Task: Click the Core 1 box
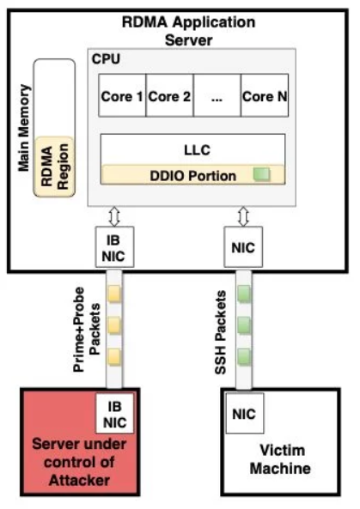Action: coord(122,95)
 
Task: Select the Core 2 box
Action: coord(169,95)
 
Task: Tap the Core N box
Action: coord(265,95)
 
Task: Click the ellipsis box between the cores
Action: coord(217,95)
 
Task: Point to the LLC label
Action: coord(198,150)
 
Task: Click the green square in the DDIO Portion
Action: coord(261,174)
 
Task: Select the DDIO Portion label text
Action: coord(193,176)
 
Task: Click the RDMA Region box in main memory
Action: coord(54,167)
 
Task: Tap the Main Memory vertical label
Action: coord(24,128)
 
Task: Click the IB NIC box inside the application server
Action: coord(114,247)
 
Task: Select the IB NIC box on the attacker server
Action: coord(114,414)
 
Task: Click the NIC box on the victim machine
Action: coord(245,414)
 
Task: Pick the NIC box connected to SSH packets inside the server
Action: coord(243,247)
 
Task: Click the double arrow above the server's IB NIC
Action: coord(114,216)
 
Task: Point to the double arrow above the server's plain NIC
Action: coord(243,216)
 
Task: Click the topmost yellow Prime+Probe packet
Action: coord(114,294)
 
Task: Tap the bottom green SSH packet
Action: coord(244,357)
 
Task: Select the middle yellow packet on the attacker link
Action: coord(114,325)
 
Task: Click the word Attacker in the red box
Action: coord(79,481)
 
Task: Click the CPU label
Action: coord(106,58)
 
